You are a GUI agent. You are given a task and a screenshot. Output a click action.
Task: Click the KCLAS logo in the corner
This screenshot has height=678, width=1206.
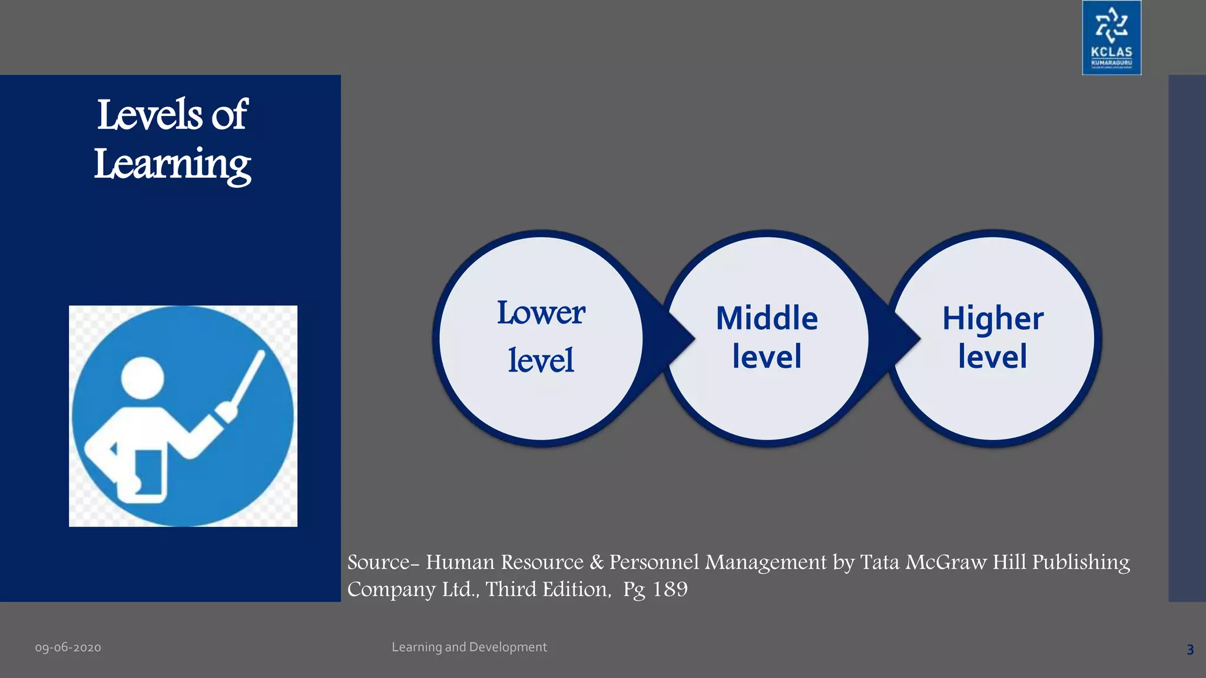coord(1111,38)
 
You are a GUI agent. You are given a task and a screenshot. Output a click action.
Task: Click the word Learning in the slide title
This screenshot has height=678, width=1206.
coord(173,165)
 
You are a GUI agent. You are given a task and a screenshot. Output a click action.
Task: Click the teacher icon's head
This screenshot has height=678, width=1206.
coord(142,378)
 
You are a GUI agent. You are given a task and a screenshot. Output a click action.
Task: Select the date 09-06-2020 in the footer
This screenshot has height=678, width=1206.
coord(68,648)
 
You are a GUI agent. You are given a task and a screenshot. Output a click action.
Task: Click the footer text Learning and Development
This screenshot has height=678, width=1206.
coord(469,647)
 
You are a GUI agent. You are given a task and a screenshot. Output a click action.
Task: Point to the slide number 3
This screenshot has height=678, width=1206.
coord(1190,650)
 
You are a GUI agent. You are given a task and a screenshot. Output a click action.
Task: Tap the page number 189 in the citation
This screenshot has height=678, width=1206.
coord(670,589)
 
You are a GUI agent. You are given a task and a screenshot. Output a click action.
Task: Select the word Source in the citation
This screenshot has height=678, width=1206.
coord(378,562)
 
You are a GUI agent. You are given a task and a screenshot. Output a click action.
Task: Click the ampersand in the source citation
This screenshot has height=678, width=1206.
coord(597,562)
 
